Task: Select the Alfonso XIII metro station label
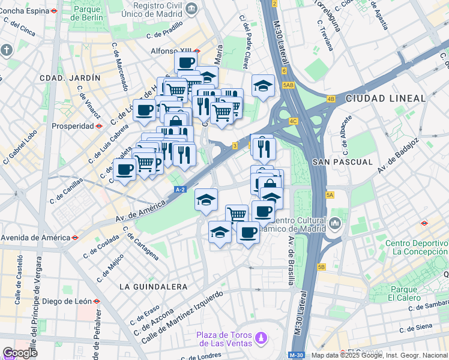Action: pos(171,51)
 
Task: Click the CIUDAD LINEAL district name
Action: pos(378,98)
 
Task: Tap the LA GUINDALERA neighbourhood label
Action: pos(153,287)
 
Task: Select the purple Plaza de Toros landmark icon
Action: pos(260,339)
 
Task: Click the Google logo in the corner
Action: pos(20,353)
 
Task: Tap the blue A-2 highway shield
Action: pos(181,190)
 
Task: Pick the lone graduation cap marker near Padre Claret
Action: pos(263,86)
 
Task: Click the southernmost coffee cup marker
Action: pos(248,233)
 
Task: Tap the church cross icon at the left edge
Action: pos(7,50)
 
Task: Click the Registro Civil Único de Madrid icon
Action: pos(191,8)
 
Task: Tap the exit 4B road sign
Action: pos(331,99)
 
